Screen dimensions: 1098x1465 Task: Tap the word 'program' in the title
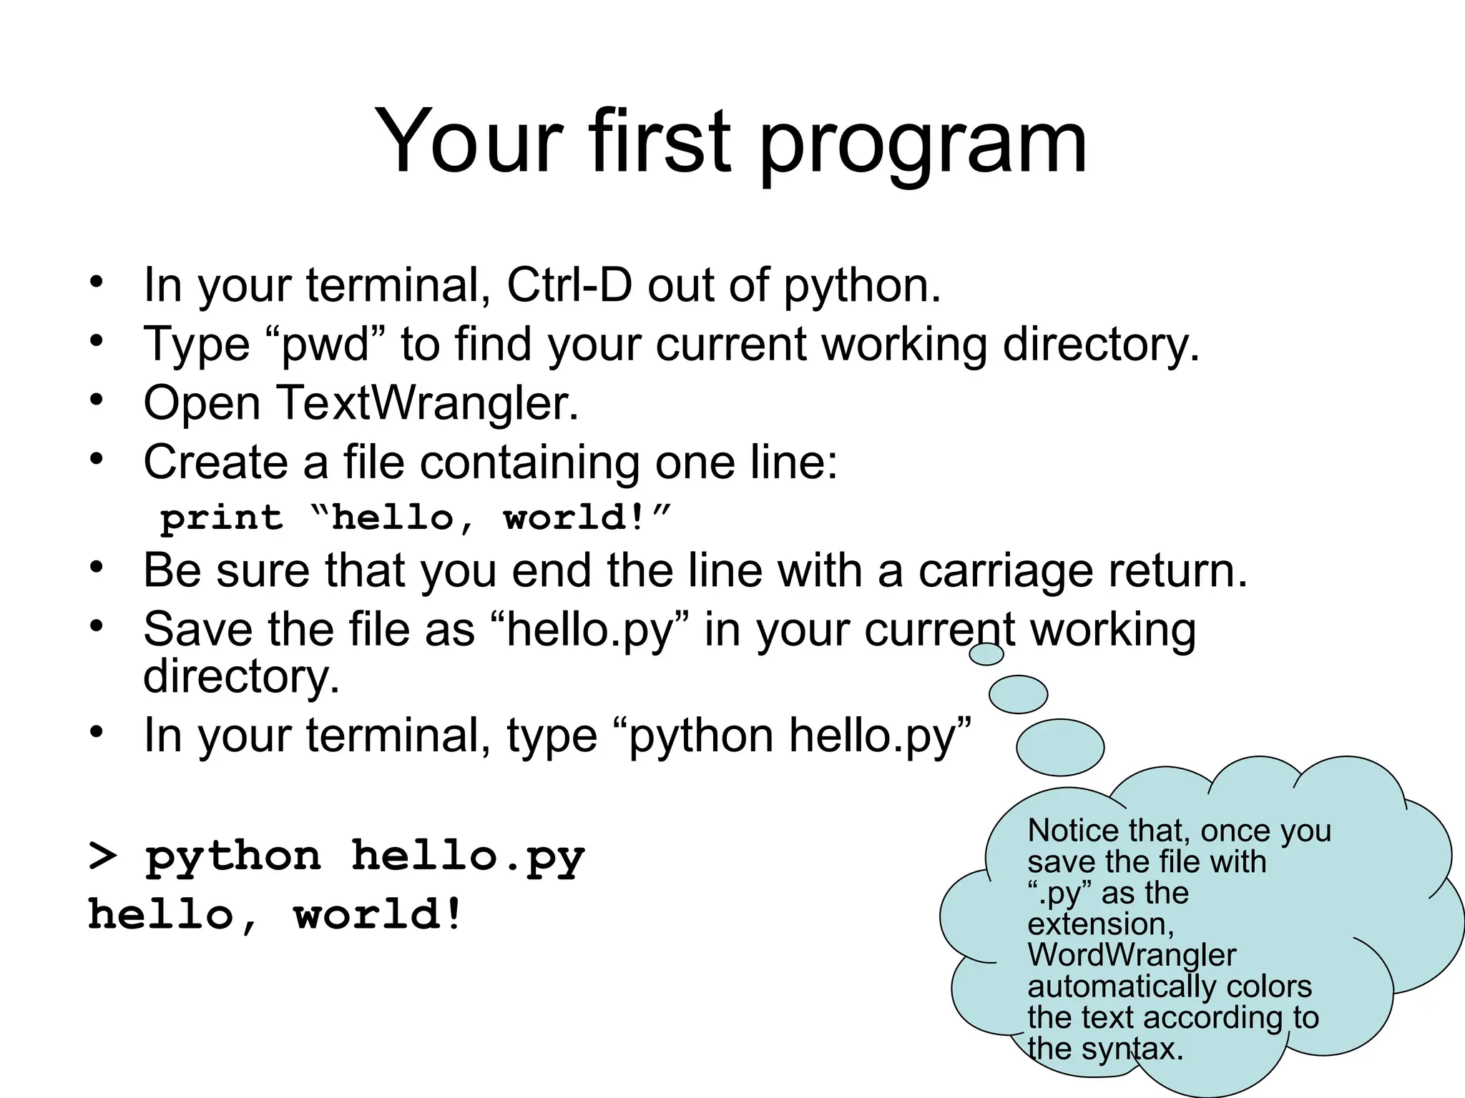coord(923,147)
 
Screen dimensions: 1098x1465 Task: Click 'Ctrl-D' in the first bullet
coord(569,285)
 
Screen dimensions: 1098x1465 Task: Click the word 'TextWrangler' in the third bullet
coord(426,403)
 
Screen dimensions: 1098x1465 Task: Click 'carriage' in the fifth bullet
coord(1005,572)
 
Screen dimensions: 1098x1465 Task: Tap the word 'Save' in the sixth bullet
coord(198,630)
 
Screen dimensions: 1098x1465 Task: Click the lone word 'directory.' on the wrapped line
coord(241,676)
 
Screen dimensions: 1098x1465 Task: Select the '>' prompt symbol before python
coord(102,856)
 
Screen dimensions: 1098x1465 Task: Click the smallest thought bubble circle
coord(986,653)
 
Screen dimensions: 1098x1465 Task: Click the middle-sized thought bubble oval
coord(1018,694)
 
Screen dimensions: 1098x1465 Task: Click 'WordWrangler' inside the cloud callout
coord(1131,955)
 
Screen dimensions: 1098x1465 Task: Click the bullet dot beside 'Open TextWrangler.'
coord(97,400)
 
